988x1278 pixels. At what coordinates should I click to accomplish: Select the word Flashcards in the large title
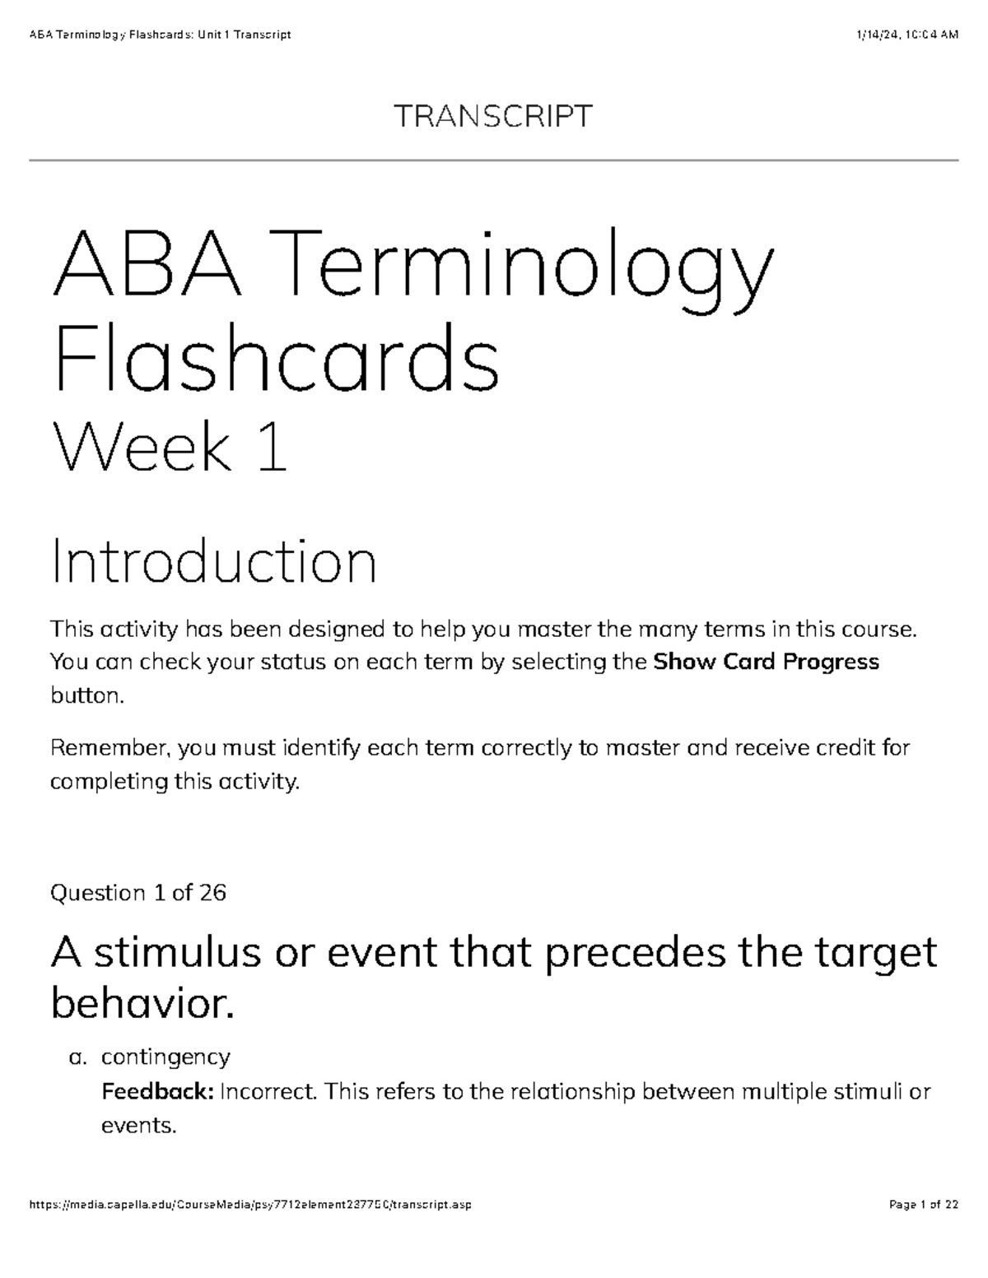[x=276, y=359]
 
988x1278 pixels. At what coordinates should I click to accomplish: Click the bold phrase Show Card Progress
[x=766, y=662]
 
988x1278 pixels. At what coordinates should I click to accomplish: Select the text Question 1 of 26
[x=138, y=893]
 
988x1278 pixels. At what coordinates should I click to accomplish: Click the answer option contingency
[x=165, y=1057]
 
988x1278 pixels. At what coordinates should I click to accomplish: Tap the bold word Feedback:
[x=157, y=1092]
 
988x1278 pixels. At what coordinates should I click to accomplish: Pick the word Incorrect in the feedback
[x=268, y=1092]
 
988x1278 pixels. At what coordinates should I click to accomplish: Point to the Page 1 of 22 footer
[x=924, y=1206]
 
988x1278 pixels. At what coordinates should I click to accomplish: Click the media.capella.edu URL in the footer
[x=250, y=1206]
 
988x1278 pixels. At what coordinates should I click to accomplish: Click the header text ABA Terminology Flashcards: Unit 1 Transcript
[x=160, y=35]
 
